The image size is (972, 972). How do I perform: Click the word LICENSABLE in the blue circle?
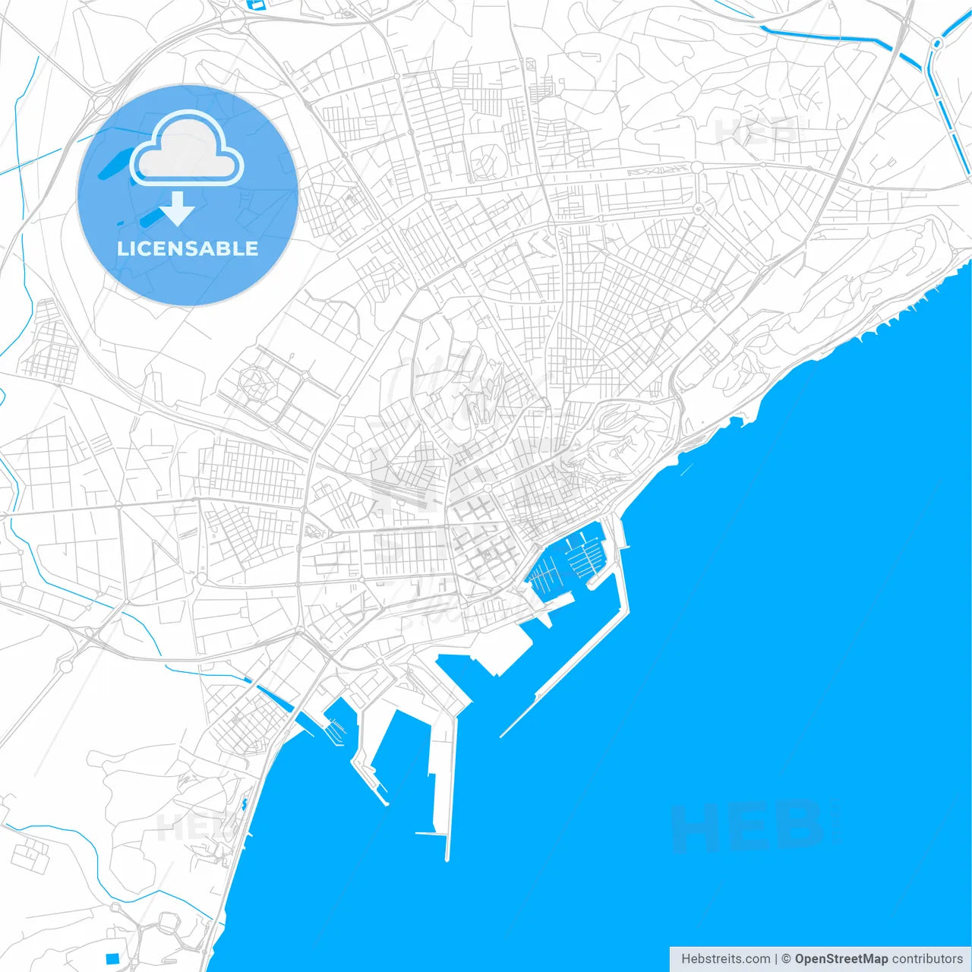pyautogui.click(x=188, y=248)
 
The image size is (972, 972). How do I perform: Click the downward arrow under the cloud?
pyautogui.click(x=178, y=210)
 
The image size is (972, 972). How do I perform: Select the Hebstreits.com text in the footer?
pyautogui.click(x=725, y=959)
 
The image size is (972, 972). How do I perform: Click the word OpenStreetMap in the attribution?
pyautogui.click(x=841, y=959)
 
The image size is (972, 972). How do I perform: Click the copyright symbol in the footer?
pyautogui.click(x=787, y=959)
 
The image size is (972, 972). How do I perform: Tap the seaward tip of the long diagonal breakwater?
pyautogui.click(x=502, y=735)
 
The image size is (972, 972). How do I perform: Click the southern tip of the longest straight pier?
pyautogui.click(x=447, y=859)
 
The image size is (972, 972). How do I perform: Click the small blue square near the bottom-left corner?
pyautogui.click(x=112, y=958)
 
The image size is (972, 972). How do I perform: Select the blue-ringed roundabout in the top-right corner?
pyautogui.click(x=936, y=43)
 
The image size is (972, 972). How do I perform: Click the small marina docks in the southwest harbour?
pyautogui.click(x=335, y=729)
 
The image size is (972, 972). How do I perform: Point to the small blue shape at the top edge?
pyautogui.click(x=255, y=4)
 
